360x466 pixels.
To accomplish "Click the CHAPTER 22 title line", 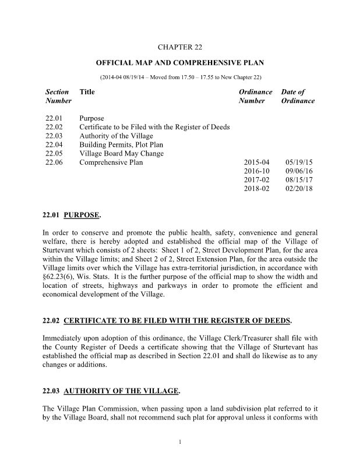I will [179, 46].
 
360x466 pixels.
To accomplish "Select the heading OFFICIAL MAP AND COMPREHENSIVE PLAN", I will [180, 62].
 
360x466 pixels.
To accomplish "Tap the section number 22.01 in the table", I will [53, 118].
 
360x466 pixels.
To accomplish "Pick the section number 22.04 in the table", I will [53, 144].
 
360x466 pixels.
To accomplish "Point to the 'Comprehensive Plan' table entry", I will [111, 163].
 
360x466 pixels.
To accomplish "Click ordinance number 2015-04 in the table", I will [257, 163].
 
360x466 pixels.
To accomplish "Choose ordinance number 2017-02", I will [257, 181].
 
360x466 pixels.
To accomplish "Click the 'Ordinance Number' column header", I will [256, 96].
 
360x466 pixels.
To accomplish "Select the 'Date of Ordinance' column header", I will [298, 96].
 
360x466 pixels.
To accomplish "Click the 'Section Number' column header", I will [58, 96].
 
